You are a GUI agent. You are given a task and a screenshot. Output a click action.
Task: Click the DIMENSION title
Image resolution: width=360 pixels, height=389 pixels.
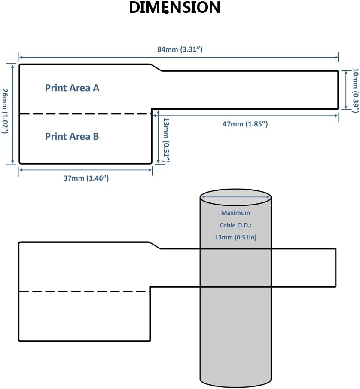click(x=174, y=7)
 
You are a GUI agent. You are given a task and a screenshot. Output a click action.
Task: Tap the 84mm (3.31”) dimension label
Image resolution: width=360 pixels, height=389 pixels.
click(x=180, y=49)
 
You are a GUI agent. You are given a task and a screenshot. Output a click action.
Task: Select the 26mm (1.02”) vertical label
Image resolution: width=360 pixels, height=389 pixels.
click(x=5, y=111)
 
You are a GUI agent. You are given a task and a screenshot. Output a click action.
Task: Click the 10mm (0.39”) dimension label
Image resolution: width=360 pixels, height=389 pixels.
click(x=356, y=90)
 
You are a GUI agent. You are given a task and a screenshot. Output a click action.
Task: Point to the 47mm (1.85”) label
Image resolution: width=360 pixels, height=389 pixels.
click(x=245, y=124)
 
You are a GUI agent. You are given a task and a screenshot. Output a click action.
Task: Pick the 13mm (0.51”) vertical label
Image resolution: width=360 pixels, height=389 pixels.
click(x=166, y=141)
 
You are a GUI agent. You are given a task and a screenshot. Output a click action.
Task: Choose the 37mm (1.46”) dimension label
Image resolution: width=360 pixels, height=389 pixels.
click(x=86, y=178)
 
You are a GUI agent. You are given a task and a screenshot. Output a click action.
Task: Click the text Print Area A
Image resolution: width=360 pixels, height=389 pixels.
click(x=72, y=88)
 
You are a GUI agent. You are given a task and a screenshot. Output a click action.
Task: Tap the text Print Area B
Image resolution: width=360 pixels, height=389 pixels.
click(x=72, y=136)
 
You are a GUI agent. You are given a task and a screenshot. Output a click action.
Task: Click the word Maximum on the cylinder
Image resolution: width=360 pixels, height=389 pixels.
click(x=235, y=213)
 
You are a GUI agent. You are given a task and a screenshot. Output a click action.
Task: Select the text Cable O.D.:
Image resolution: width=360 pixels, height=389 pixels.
click(x=235, y=225)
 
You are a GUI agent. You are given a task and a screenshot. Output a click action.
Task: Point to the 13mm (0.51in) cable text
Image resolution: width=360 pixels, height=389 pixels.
click(x=235, y=237)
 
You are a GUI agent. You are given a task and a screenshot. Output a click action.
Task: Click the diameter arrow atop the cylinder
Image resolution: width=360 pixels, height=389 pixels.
click(x=235, y=197)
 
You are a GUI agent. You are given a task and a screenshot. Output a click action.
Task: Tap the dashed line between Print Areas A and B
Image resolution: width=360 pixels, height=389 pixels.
click(x=85, y=114)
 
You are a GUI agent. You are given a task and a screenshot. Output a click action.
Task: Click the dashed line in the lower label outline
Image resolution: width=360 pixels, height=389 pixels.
click(x=84, y=291)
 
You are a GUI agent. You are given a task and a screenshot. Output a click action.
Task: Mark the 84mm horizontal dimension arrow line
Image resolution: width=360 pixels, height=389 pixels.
click(x=179, y=58)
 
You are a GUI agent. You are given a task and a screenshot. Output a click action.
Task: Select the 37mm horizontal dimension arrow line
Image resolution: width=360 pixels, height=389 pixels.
click(x=85, y=170)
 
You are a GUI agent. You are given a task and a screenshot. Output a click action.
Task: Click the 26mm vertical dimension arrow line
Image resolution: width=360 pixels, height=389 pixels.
click(x=12, y=113)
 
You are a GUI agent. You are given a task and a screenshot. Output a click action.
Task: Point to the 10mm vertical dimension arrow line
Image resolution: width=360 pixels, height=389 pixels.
click(x=346, y=90)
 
